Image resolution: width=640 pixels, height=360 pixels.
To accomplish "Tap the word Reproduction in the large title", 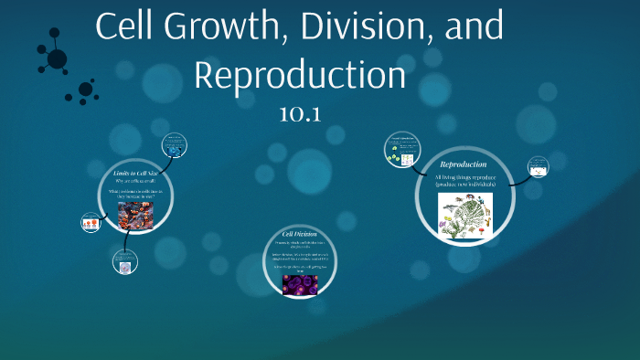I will click(299, 74).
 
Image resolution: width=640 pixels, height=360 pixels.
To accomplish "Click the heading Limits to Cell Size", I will click(135, 173).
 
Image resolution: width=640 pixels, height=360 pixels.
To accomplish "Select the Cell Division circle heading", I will click(299, 235).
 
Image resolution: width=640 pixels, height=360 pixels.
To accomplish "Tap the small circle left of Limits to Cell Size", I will click(91, 222).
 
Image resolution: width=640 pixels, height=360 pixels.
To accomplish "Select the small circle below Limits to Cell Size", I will click(125, 263).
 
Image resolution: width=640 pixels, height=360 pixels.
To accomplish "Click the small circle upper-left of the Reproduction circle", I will click(401, 149).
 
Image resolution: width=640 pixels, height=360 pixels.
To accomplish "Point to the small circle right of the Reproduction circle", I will click(539, 167).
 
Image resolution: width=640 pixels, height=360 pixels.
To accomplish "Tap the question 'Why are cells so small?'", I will click(135, 182).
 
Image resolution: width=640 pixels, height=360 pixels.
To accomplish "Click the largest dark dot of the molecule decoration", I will click(57, 59).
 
